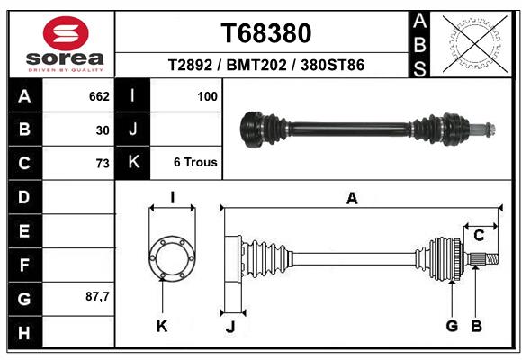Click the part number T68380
click(x=266, y=33)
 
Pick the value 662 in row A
click(x=99, y=95)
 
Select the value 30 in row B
click(x=103, y=130)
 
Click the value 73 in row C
click(x=103, y=163)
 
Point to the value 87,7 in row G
click(x=96, y=296)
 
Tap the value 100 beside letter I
click(x=207, y=95)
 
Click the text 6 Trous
click(x=195, y=163)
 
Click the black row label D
click(x=24, y=196)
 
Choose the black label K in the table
click(x=133, y=162)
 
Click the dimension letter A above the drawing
click(x=352, y=199)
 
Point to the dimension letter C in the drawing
click(x=480, y=236)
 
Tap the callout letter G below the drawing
click(x=452, y=326)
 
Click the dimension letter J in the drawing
click(x=229, y=327)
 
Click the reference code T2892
click(x=190, y=66)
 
